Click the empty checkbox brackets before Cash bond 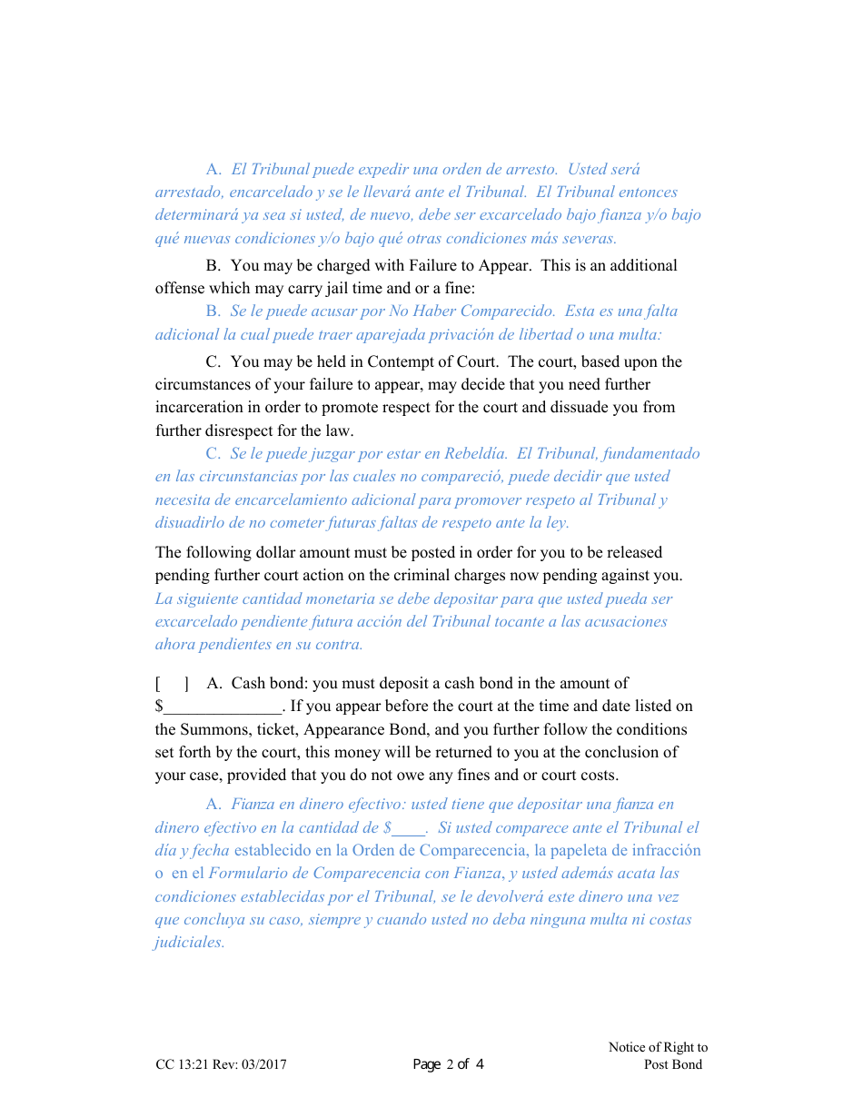click(x=172, y=684)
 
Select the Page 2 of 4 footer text click(x=448, y=1064)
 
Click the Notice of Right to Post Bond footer click(x=659, y=1056)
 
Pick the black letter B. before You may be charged click(x=213, y=265)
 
